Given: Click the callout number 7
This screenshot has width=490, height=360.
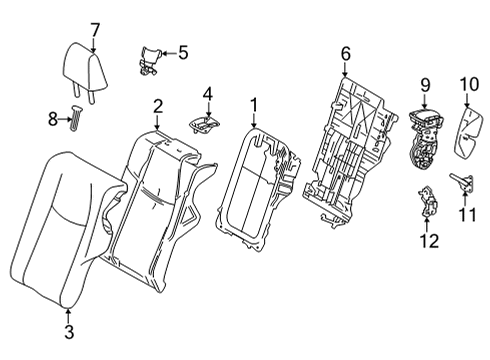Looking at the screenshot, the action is coord(95,30).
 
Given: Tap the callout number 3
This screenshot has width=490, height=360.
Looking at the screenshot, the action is coord(69,332).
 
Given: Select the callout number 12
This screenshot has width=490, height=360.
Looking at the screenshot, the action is coord(429,241).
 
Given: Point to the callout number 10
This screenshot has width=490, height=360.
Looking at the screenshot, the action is coord(469,85).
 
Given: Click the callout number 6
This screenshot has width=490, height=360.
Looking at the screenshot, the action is coord(346,54).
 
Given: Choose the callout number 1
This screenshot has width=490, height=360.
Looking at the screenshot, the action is coord(254,106).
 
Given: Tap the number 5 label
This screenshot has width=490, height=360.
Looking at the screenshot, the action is coord(183,53).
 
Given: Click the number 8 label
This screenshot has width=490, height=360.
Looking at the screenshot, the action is coord(53,119).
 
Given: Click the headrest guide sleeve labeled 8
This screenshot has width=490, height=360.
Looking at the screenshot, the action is coord(76,118).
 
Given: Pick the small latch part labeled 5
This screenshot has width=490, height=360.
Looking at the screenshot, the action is coord(149,61).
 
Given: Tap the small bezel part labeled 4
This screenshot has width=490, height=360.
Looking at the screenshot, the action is coord(205,125).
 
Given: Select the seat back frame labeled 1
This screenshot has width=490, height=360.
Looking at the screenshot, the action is coord(258,188).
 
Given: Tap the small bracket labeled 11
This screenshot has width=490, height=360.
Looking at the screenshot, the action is coord(462,181).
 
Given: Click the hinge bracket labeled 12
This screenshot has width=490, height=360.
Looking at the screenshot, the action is coord(427,201).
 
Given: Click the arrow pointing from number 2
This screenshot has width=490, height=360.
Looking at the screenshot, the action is coord(157,122).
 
